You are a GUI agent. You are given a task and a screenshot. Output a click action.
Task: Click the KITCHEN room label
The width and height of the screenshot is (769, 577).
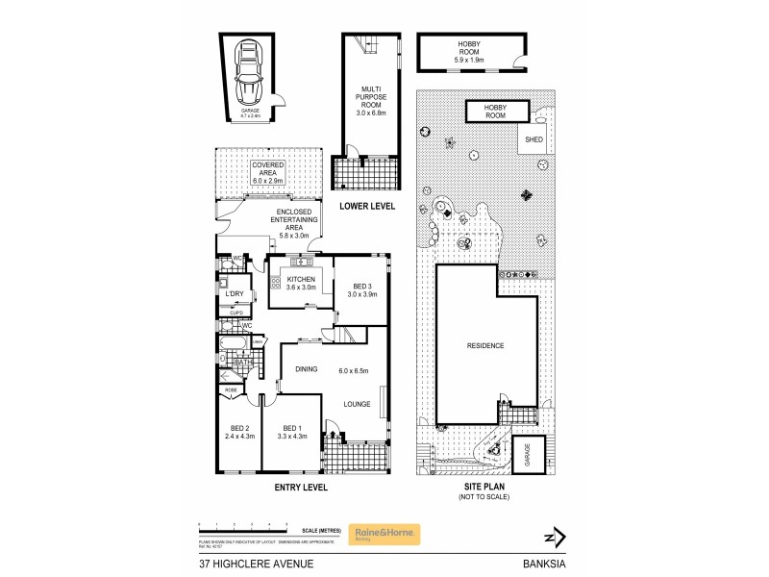[x=293, y=279]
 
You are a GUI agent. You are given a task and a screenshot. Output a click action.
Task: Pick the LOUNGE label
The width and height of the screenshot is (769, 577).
[x=356, y=404]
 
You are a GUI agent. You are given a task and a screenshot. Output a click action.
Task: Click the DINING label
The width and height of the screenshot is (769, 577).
[x=306, y=369]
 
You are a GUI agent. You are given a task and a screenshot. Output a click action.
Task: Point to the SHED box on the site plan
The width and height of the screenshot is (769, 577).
[x=533, y=139]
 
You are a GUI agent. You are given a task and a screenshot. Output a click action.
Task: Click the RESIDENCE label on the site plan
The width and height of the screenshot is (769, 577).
[x=485, y=346]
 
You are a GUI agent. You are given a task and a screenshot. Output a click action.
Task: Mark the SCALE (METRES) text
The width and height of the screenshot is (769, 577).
[x=324, y=530]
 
